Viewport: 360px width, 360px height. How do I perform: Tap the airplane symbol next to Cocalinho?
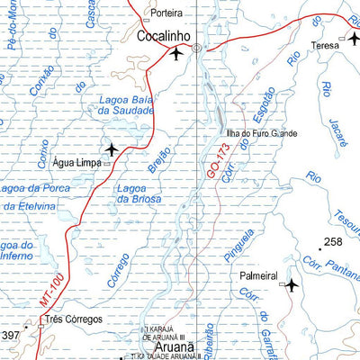pos(175,55)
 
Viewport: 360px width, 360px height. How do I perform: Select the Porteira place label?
pos(166,13)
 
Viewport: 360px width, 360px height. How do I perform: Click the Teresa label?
pos(324,43)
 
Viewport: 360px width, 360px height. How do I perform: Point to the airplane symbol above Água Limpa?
pos(111,148)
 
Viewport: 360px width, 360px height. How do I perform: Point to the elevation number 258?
pos(334,242)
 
